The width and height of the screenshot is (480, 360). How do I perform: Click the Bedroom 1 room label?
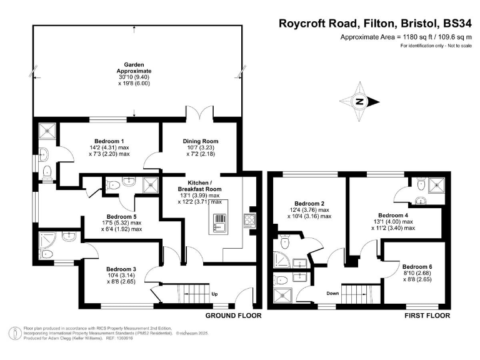pyautogui.click(x=109, y=141)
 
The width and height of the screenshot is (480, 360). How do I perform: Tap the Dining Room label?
pyautogui.click(x=200, y=141)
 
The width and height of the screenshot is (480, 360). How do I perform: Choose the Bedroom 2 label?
pyautogui.click(x=309, y=204)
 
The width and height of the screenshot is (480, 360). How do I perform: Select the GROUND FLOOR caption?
pyautogui.click(x=233, y=316)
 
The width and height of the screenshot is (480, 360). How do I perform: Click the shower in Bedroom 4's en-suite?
pyautogui.click(x=438, y=184)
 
